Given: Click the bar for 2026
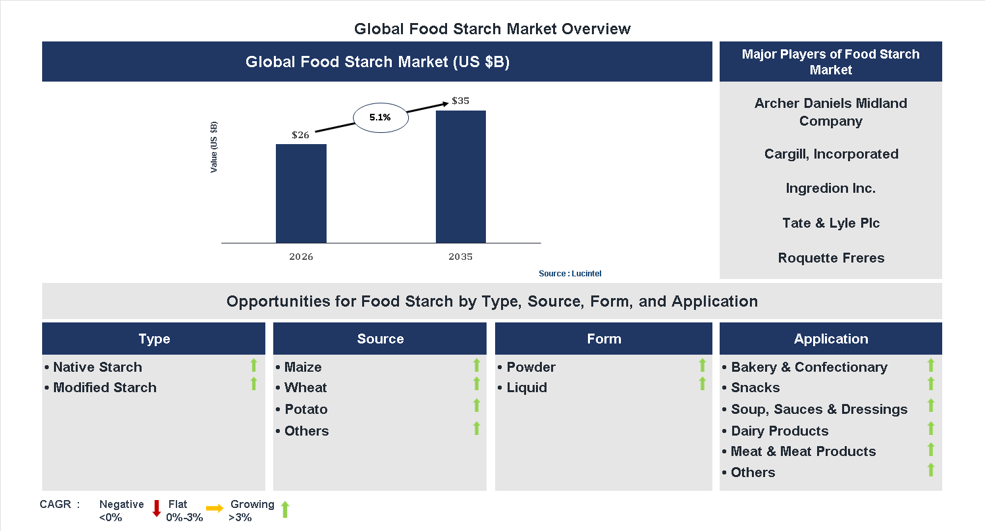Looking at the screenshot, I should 301,193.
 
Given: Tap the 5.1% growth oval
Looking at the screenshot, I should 381,118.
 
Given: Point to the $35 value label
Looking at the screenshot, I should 460,101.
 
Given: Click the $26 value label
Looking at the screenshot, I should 300,135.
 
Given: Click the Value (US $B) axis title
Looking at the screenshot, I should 214,147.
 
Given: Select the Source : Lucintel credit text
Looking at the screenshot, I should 570,273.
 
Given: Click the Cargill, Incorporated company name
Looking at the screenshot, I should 831,154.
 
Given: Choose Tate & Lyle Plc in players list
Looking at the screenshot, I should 831,223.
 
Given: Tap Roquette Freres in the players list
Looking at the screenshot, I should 831,258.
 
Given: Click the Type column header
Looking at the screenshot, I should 154,339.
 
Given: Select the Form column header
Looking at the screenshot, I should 604,339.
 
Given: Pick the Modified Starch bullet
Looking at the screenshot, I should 104,388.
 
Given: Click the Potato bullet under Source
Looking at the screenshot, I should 306,409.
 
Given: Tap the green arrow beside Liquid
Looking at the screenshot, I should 702,384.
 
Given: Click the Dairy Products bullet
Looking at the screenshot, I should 780,431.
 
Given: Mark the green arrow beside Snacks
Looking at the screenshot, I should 931,384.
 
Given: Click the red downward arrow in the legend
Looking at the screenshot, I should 157,508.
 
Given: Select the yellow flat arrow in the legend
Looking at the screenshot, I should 215,508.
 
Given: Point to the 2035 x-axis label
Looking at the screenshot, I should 461,257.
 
